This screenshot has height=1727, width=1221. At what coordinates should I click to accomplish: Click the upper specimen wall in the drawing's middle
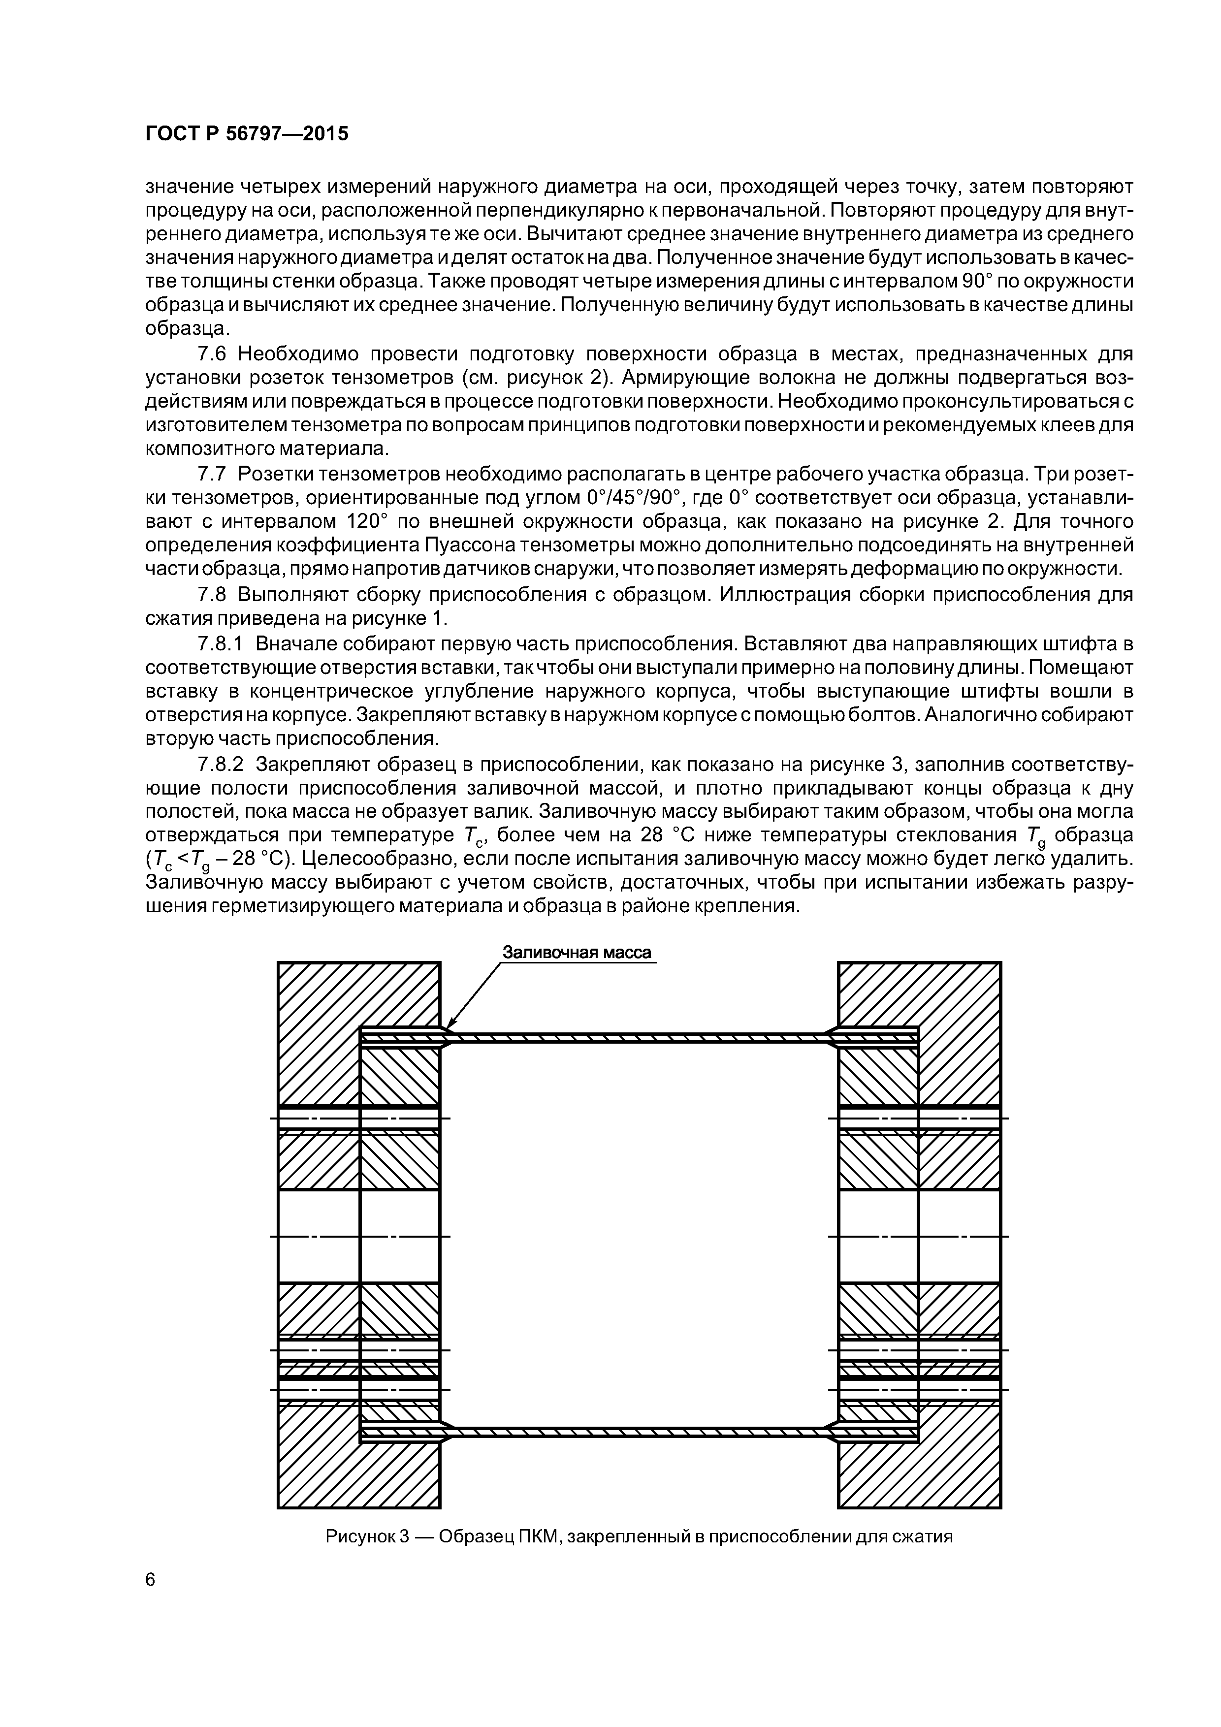(x=640, y=1037)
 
